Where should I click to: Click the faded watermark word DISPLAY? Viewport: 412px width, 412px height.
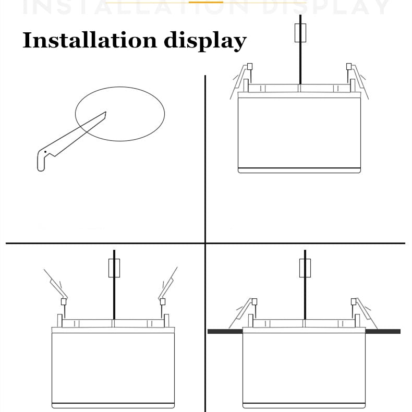(x=334, y=7)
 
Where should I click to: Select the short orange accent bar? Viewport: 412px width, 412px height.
(x=205, y=2)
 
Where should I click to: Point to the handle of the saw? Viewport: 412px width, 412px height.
(x=41, y=160)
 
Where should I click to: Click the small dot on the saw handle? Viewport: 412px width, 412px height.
(x=45, y=152)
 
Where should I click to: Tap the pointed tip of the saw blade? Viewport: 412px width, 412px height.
(x=105, y=112)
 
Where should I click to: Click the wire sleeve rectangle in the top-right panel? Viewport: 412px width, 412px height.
(x=300, y=33)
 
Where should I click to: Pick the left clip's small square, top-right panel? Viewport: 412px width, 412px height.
(x=250, y=66)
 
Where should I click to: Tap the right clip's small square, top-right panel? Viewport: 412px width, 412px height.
(x=349, y=66)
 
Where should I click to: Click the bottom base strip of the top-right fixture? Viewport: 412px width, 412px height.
(x=299, y=170)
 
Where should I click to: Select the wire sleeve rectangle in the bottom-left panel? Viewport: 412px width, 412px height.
(x=114, y=268)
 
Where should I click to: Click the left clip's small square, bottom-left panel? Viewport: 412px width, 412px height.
(x=64, y=301)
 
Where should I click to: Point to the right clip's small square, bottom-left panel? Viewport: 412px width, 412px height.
(x=163, y=301)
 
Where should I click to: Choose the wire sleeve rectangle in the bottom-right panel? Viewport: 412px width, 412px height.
(x=305, y=268)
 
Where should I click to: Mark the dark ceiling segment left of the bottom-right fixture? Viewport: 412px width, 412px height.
(x=225, y=331)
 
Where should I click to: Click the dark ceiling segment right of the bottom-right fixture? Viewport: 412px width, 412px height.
(x=383, y=331)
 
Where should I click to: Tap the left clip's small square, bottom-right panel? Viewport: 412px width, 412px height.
(x=255, y=301)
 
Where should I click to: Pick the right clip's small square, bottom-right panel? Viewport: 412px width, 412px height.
(x=354, y=301)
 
